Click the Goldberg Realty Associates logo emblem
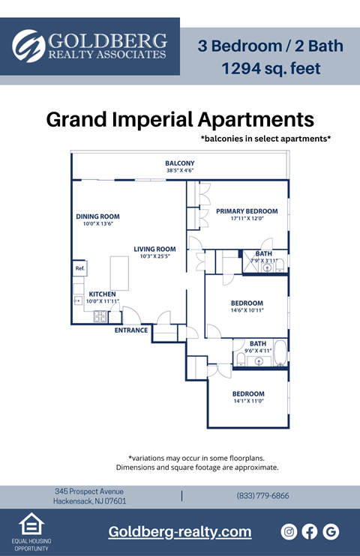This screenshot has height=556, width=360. pos(28,46)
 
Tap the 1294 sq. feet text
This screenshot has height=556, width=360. pos(271,69)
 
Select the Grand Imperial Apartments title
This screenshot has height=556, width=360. pos(180,119)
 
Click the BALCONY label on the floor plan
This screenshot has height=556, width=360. pos(180,163)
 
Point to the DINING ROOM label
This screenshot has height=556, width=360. pos(97,217)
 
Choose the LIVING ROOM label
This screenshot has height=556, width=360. pos(154,250)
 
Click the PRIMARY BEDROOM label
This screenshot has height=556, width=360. pos(247,211)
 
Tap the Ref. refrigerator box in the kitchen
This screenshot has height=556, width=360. pos(79,268)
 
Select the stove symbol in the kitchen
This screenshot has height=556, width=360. pos(100,316)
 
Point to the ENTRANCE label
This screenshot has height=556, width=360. pos(130,330)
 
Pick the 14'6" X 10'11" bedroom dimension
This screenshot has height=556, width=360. pos(247,309)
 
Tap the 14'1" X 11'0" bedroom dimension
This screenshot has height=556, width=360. pos(247,401)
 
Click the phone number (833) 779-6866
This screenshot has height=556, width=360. pos(262,496)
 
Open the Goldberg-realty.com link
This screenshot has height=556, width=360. pos(180,532)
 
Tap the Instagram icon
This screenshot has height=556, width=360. pos(289,531)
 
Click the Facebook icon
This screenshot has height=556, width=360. pos(310,531)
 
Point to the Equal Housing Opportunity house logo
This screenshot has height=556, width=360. pos(31,524)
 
